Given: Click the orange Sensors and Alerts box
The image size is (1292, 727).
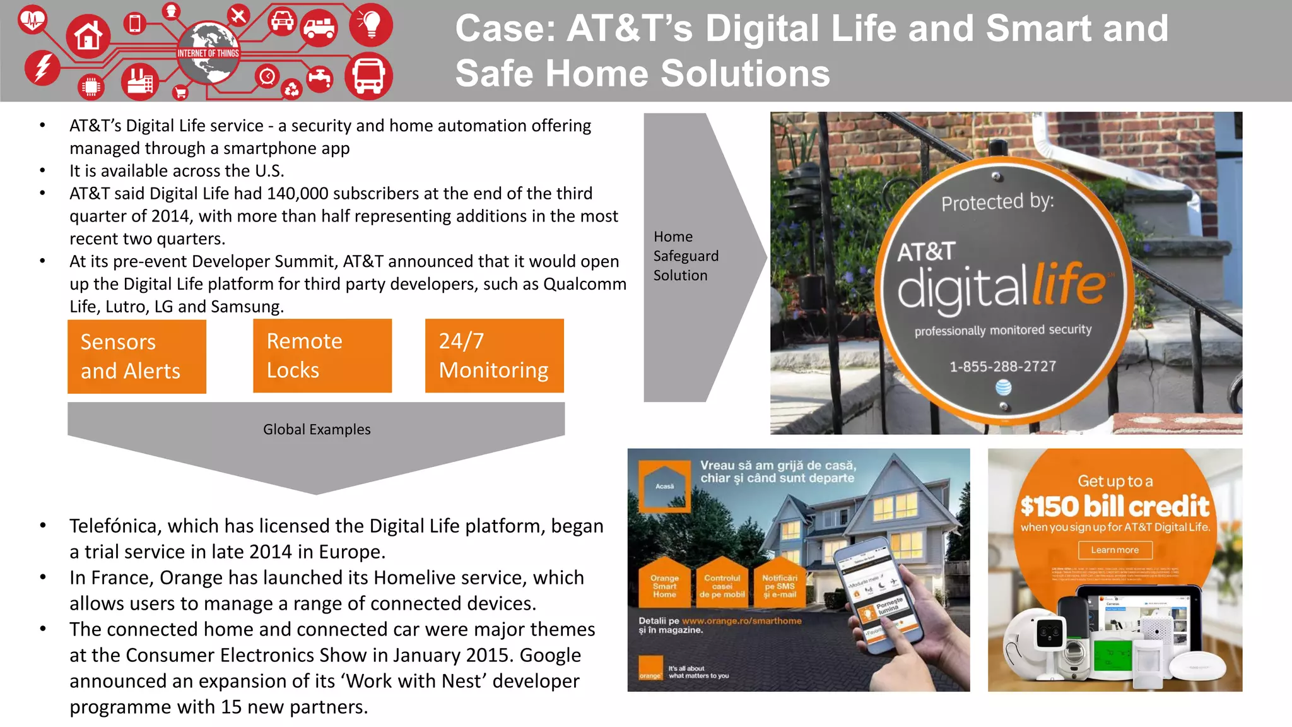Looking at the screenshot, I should (137, 357).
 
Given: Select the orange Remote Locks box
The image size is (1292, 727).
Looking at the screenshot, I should (322, 356).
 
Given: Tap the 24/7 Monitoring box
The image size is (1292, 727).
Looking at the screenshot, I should (494, 356).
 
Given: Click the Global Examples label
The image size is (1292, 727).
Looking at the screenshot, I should (317, 429).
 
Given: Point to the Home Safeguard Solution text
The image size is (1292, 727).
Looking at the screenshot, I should (686, 256).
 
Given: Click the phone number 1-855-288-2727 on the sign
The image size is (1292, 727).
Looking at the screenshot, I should (1002, 367).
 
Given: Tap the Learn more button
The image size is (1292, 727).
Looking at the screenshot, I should (1115, 550).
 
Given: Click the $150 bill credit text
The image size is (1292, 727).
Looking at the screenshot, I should (1115, 506).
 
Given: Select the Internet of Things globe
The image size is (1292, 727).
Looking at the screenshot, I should (208, 53).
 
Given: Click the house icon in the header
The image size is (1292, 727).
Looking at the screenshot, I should (88, 37).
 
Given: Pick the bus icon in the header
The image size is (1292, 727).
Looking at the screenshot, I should (368, 76).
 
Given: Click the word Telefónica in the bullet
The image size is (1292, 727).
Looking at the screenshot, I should (113, 526).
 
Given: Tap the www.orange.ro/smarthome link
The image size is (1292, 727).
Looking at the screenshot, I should (741, 621).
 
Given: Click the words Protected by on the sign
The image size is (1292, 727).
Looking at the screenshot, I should (997, 202).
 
